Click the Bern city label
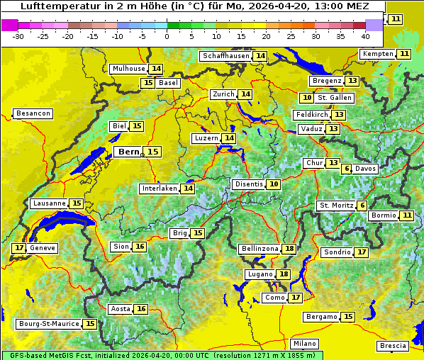click(129, 152)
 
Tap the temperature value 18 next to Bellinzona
click(289, 249)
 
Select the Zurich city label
click(223, 94)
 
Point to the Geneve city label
click(42, 248)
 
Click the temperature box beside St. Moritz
click(362, 206)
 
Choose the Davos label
click(366, 169)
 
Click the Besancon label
click(33, 113)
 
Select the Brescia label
click(393, 346)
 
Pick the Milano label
click(305, 344)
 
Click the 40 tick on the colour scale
click(365, 35)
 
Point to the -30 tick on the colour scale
click(18, 35)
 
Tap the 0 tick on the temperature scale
click(167, 35)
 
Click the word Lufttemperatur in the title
click(54, 6)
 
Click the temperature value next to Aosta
click(141, 309)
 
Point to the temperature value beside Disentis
click(274, 184)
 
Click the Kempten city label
click(378, 54)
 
